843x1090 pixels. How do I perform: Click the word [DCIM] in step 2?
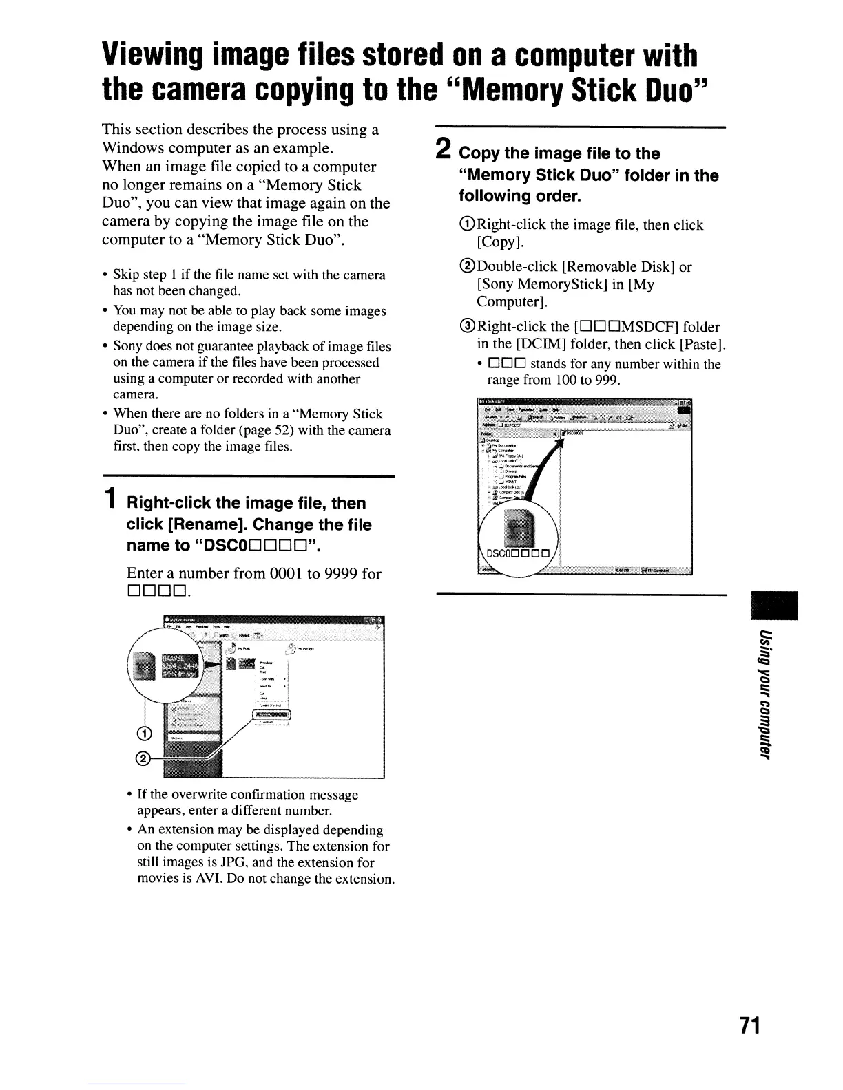pyautogui.click(x=539, y=344)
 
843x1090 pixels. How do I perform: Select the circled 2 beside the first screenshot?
pyautogui.click(x=144, y=758)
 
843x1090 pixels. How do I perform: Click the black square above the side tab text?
pyautogui.click(x=776, y=606)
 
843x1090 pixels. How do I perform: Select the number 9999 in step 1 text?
pyautogui.click(x=341, y=573)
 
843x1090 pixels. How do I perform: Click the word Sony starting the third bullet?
pyautogui.click(x=127, y=346)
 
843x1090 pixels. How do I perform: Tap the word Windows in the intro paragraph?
pyautogui.click(x=134, y=148)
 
